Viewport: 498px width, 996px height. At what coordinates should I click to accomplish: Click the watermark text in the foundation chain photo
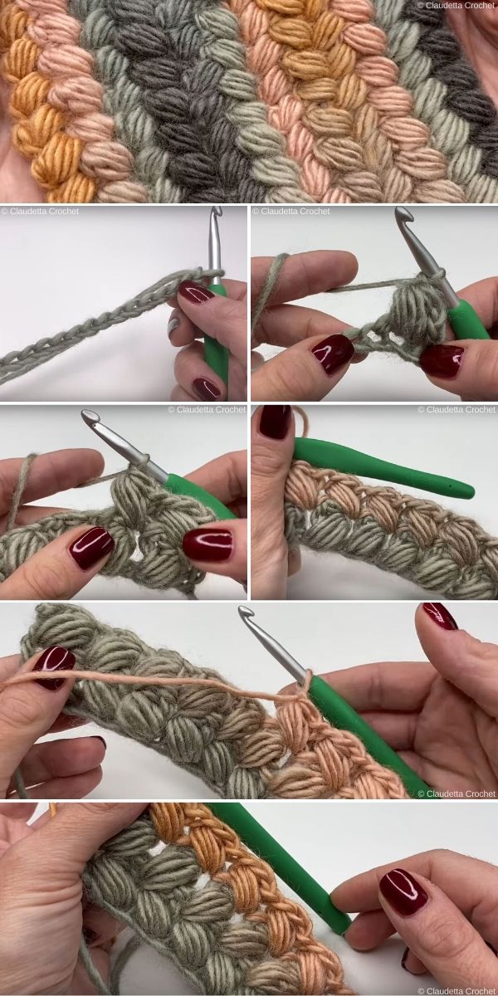click(x=40, y=211)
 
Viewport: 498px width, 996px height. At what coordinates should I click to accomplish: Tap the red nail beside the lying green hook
click(x=275, y=422)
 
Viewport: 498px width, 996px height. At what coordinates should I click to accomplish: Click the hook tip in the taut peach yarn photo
click(x=246, y=615)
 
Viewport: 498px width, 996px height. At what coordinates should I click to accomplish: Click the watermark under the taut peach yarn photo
click(x=456, y=793)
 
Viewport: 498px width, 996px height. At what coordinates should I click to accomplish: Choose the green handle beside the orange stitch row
click(x=282, y=863)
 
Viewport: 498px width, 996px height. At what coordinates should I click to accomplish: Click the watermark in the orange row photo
click(x=456, y=990)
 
